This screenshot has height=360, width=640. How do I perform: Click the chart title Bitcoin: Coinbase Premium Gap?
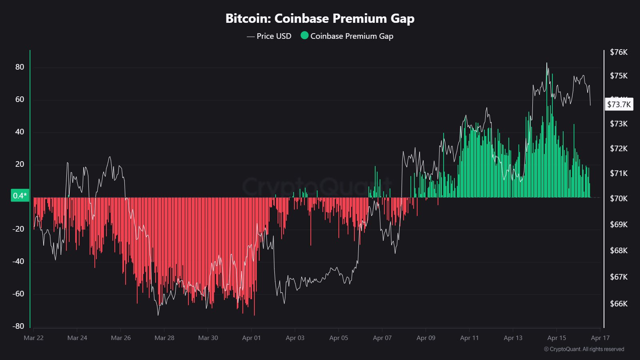320,18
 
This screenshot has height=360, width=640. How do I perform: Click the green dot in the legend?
304,36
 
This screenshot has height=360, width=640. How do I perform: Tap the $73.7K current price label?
619,104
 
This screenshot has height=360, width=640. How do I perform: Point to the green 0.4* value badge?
20,196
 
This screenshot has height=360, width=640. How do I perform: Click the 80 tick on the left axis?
20,67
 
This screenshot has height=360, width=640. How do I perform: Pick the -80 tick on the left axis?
18,326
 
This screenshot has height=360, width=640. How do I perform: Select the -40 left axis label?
18,261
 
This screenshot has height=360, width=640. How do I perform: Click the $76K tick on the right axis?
618,52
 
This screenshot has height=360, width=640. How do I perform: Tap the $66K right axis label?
618,304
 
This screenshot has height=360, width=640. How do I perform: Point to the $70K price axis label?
618,198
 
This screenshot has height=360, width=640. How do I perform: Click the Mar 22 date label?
34,338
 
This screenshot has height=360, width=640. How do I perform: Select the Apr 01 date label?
251,338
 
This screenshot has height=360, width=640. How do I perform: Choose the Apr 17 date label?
600,338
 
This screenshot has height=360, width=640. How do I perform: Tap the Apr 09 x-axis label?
426,338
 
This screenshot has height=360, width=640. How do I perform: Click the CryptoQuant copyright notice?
584,349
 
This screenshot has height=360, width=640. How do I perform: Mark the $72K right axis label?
618,148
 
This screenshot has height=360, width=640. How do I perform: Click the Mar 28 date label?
164,338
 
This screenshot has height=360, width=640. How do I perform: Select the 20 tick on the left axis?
20,164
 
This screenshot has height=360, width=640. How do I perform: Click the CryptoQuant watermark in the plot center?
316,186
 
